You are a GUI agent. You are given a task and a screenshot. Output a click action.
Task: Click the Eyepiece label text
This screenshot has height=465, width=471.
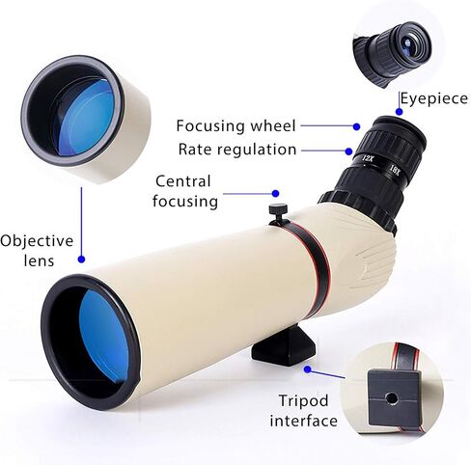(x=433, y=98)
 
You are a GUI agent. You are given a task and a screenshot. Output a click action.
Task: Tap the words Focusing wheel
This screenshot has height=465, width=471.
(x=235, y=125)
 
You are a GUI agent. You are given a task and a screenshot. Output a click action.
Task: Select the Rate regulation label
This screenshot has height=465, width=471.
(x=237, y=150)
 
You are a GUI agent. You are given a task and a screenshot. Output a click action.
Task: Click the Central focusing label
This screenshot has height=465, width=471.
(x=185, y=191)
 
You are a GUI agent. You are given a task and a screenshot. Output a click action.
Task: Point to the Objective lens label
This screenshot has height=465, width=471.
(x=37, y=251)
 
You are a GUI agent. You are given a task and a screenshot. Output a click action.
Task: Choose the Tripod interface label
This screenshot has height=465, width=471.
(x=303, y=411)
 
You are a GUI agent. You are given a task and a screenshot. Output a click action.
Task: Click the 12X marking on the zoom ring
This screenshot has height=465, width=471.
(x=367, y=158)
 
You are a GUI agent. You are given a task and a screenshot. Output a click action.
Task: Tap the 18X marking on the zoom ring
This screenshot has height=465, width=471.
(x=395, y=169)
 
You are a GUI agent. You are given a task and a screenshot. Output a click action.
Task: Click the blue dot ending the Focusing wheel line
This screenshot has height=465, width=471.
(x=356, y=126)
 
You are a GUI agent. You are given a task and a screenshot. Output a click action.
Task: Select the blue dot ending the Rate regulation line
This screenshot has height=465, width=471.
(x=348, y=150)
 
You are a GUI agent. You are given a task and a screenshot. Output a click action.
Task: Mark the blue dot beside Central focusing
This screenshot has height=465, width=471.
(x=275, y=194)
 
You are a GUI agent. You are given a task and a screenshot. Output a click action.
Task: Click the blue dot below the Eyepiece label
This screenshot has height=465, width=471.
(x=399, y=112)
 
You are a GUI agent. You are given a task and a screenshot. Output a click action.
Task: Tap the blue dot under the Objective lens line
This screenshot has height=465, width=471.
(x=81, y=260)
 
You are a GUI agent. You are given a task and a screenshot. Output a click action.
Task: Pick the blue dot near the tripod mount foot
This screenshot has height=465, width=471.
(x=308, y=369)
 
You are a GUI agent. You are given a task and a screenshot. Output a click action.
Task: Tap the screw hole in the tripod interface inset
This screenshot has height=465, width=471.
(x=392, y=399)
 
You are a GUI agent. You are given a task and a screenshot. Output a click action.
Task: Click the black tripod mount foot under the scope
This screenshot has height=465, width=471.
(x=284, y=346)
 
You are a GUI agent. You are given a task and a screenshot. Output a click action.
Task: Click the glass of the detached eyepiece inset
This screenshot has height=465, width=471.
(x=408, y=43)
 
